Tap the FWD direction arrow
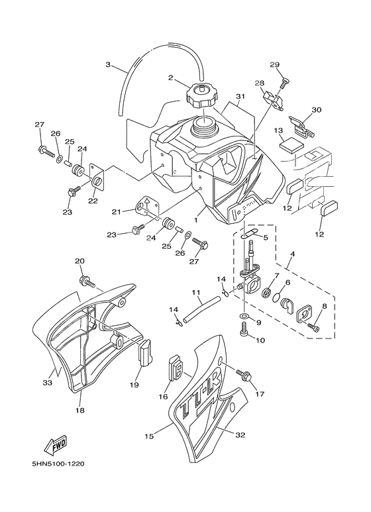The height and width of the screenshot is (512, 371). click(56, 446)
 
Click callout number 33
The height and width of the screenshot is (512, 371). click(48, 382)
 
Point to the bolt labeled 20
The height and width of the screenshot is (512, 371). click(87, 282)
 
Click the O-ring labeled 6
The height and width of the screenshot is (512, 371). click(276, 297)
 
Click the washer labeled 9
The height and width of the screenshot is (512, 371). click(244, 316)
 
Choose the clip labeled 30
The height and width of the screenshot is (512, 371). click(301, 127)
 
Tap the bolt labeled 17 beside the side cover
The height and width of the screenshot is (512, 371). click(244, 376)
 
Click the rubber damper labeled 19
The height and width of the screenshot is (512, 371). click(145, 351)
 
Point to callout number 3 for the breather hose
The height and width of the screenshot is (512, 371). click(108, 64)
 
